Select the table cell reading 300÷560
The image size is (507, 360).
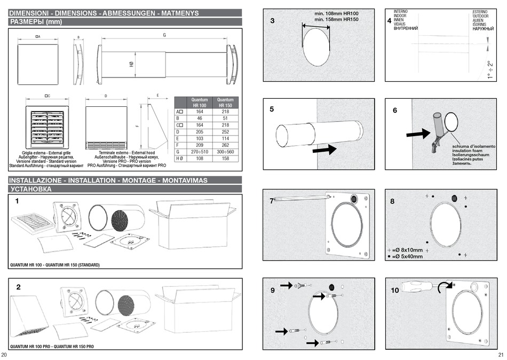[226, 152]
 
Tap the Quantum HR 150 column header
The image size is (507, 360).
[226, 103]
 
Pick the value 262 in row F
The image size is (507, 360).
[226, 145]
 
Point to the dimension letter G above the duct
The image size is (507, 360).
[164, 35]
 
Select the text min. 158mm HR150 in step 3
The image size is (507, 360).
[336, 19]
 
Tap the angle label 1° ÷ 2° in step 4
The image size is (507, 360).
[489, 70]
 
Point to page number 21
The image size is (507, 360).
[500, 355]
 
